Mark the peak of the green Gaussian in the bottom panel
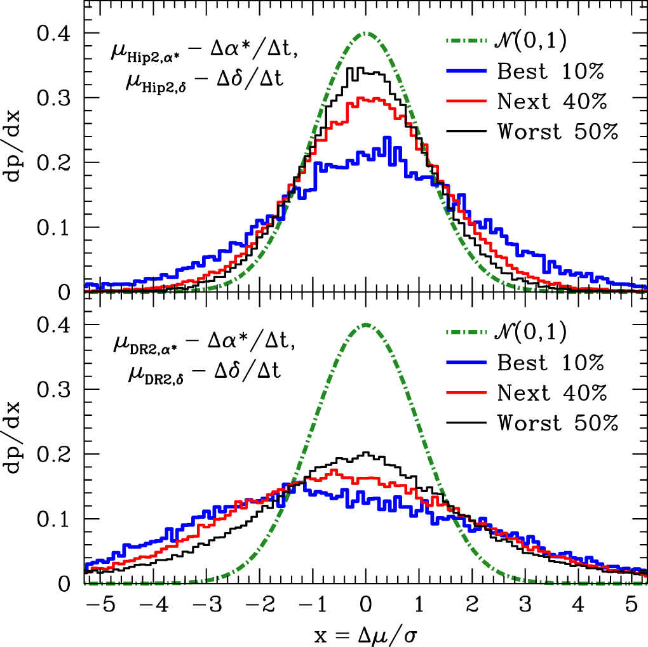(x=366, y=324)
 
